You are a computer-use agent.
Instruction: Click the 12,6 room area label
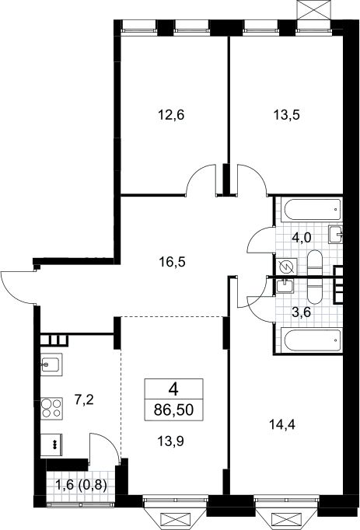[x=171, y=116]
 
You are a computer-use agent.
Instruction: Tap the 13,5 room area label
[x=287, y=116]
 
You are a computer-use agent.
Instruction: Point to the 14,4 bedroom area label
[x=282, y=424]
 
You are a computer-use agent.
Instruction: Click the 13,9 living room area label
[x=170, y=441]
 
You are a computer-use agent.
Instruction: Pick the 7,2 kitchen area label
[x=83, y=400]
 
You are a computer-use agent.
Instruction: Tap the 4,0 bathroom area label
[x=301, y=239]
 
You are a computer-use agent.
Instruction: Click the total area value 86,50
[x=173, y=410]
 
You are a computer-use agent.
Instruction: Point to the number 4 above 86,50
[x=173, y=390]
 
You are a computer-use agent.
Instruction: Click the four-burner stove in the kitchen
[x=52, y=408]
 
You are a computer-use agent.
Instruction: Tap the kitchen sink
[x=51, y=364]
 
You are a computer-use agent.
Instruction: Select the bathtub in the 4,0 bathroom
[x=313, y=211]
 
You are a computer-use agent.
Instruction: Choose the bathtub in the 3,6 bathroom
[x=313, y=340]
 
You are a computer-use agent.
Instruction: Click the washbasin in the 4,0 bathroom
[x=335, y=234]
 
